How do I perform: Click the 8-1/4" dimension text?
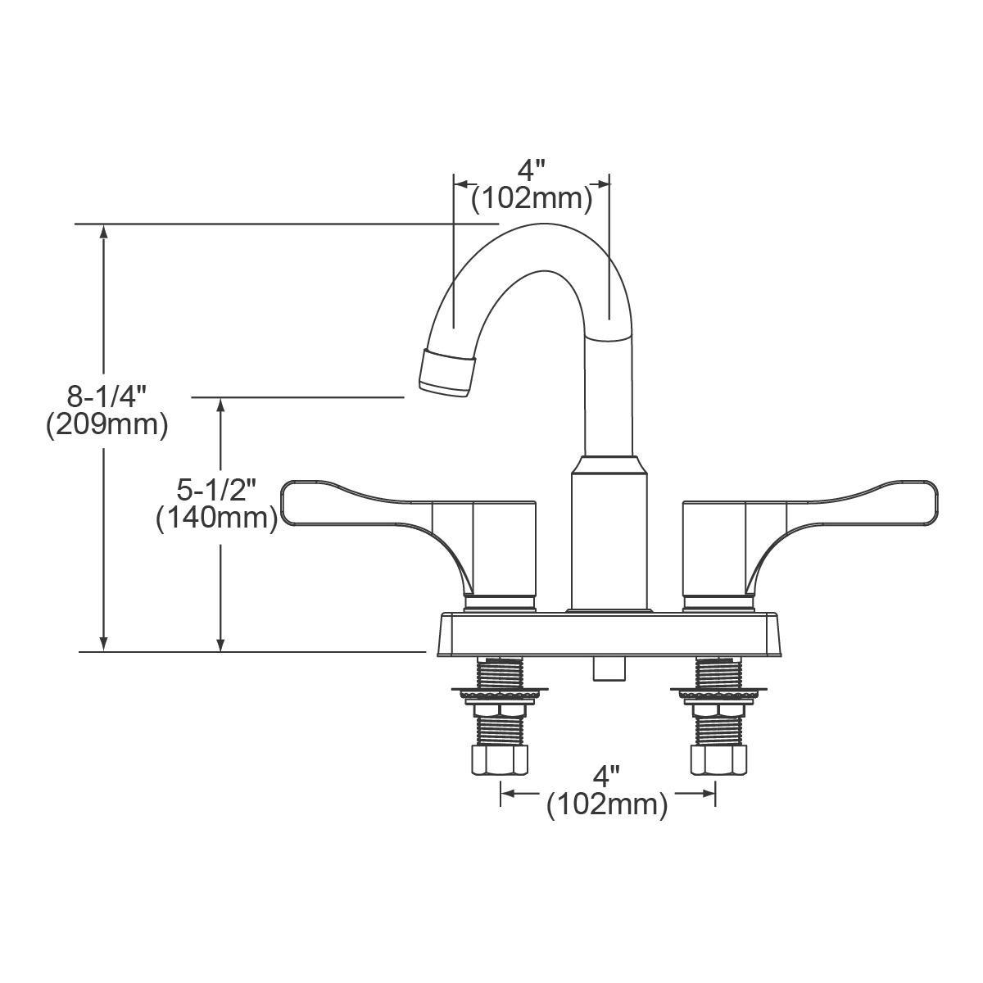coord(106,398)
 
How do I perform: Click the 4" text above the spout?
coord(531,171)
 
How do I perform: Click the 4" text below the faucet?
coord(607,775)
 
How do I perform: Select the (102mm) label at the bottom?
coord(607,804)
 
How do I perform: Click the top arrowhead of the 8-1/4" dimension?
coord(103,231)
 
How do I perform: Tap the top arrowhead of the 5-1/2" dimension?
coord(220,405)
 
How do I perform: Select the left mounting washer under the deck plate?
coord(499,694)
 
